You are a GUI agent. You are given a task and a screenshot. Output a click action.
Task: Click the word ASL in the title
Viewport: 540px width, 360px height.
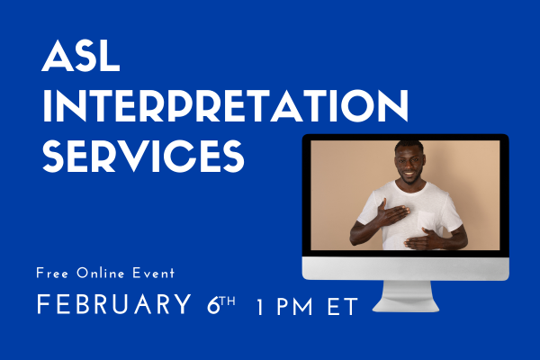coord(81,61)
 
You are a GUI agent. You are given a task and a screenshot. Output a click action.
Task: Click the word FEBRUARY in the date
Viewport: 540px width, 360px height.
coord(110,305)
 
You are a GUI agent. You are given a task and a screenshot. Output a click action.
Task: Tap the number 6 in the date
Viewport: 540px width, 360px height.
coord(206,304)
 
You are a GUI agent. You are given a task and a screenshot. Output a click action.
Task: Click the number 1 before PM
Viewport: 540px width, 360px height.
coord(260,306)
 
